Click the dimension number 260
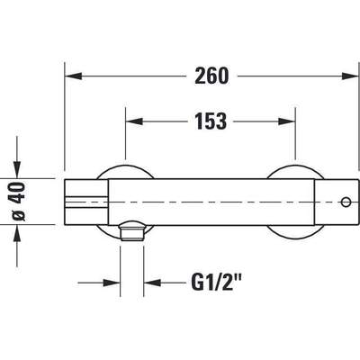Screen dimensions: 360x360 point(211,76)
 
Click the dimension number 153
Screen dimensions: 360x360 point(211,121)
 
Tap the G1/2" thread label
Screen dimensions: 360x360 point(217,283)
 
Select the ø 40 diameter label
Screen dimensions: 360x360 point(18,202)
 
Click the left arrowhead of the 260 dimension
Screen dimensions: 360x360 point(74,76)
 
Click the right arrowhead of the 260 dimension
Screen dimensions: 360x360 point(350,76)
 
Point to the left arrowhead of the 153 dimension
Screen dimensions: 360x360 point(134,121)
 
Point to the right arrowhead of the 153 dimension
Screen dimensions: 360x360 point(287,121)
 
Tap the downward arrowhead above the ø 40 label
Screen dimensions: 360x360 point(17,169)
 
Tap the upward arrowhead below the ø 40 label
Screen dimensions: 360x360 point(17,233)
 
